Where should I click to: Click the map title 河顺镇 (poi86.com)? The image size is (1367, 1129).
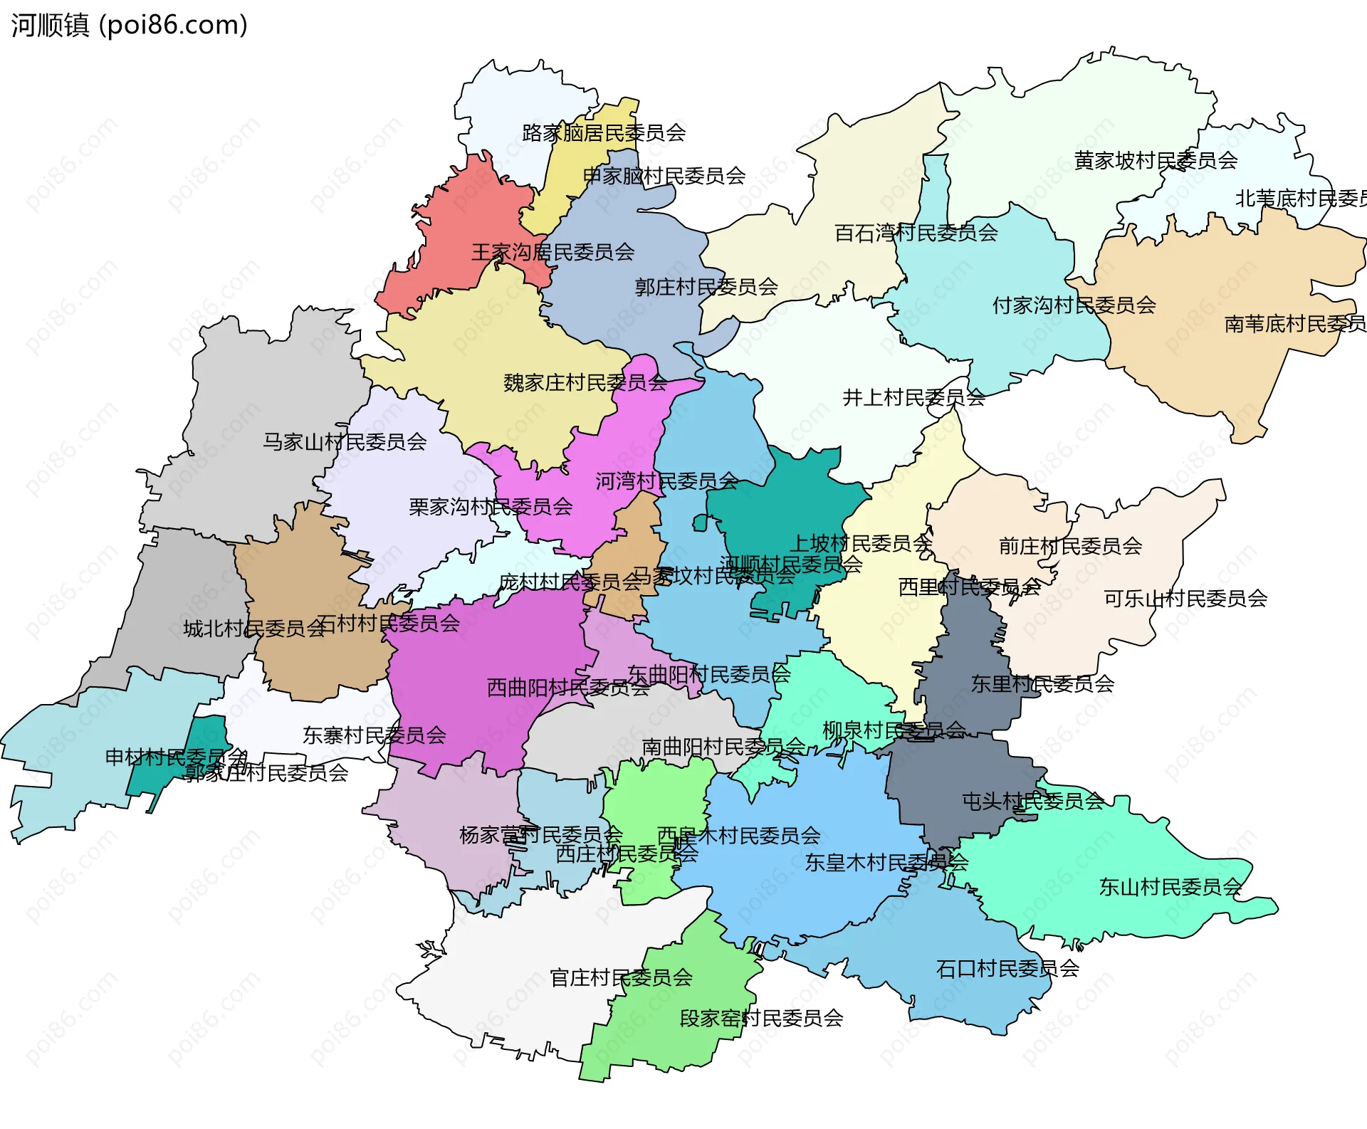pyautogui.click(x=129, y=25)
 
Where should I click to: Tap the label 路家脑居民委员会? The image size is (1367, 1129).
pyautogui.click(x=604, y=133)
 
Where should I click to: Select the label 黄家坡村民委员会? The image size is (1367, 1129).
pyautogui.click(x=1156, y=161)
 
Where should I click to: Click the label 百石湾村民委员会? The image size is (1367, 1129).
pyautogui.click(x=916, y=233)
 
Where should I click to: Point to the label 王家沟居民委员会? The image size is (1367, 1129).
pyautogui.click(x=552, y=252)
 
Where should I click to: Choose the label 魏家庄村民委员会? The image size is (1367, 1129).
pyautogui.click(x=585, y=383)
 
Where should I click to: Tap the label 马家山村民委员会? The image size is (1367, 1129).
pyautogui.click(x=345, y=442)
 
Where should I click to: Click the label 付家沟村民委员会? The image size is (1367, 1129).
pyautogui.click(x=1074, y=305)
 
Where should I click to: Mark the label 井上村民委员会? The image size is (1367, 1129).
pyautogui.click(x=913, y=398)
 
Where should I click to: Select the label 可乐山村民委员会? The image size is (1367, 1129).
pyautogui.click(x=1185, y=599)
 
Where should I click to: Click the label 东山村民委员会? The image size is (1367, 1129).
pyautogui.click(x=1170, y=887)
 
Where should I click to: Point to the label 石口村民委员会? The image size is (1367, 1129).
pyautogui.click(x=1007, y=969)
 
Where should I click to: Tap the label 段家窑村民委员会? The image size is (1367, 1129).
pyautogui.click(x=761, y=1019)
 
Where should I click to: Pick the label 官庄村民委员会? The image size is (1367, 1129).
pyautogui.click(x=621, y=978)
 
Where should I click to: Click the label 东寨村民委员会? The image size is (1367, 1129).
pyautogui.click(x=375, y=735)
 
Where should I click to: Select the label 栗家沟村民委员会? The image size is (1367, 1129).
pyautogui.click(x=491, y=507)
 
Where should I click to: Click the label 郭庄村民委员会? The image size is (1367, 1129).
pyautogui.click(x=706, y=287)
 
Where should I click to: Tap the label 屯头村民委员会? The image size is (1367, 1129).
pyautogui.click(x=1032, y=802)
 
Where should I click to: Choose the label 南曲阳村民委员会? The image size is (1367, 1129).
pyautogui.click(x=723, y=747)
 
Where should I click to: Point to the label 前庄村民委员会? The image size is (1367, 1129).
pyautogui.click(x=1070, y=546)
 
